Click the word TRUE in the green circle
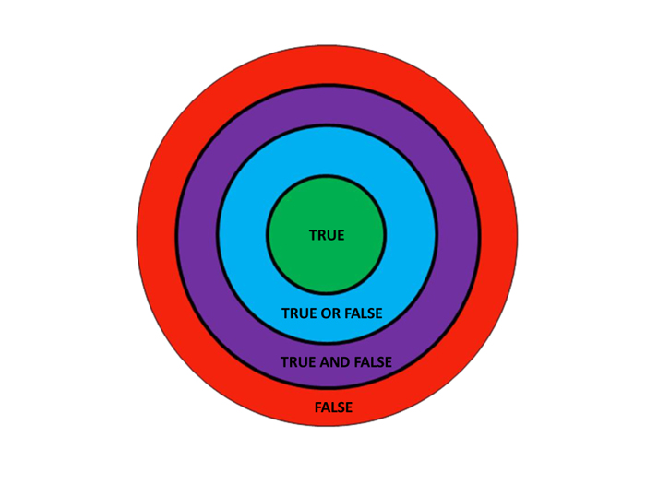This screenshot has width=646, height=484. point(327,235)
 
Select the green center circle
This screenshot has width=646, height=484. point(327,234)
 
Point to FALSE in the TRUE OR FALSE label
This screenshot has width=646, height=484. point(364,313)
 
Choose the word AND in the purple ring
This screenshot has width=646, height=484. point(335,362)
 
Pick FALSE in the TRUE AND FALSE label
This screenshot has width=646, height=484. point(373,362)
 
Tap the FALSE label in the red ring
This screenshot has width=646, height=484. point(333,407)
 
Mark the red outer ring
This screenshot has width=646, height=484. point(157,234)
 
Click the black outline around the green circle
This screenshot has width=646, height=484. point(267,234)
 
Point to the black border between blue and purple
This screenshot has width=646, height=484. point(218,234)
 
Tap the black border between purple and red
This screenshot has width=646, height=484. point(176,234)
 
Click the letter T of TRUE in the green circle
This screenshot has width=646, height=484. point(313,235)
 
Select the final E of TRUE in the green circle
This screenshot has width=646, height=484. point(341,235)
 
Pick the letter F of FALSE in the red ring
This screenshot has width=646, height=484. point(318,407)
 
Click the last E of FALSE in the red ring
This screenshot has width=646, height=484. point(349,407)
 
